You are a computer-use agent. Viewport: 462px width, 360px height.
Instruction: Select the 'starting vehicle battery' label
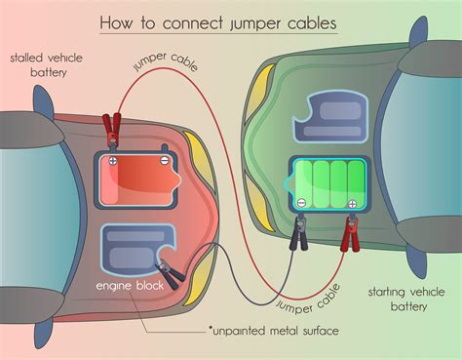[400, 299]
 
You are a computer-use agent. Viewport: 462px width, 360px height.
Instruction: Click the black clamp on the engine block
[171, 274]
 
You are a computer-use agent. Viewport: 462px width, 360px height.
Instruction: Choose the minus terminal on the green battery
[301, 202]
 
